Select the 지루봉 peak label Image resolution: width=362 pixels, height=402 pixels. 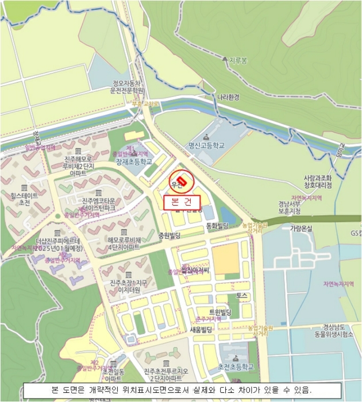pyautogui.click(x=237, y=60)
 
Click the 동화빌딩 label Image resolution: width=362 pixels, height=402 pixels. pyautogui.click(x=218, y=226)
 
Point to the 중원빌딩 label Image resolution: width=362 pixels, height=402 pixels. pyautogui.click(x=170, y=235)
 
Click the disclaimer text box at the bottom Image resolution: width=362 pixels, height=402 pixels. pyautogui.click(x=182, y=389)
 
